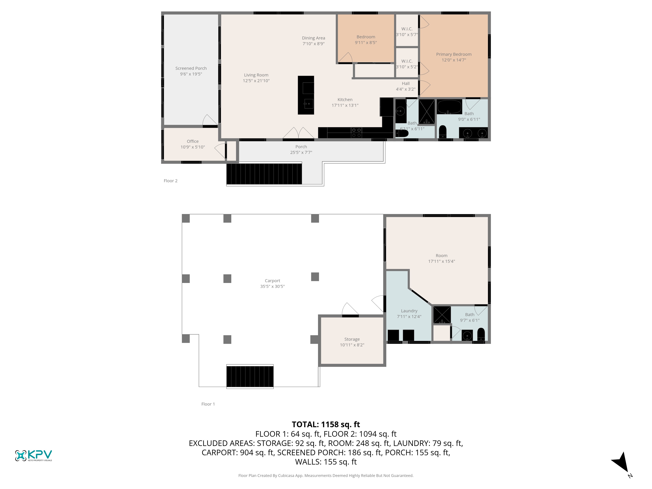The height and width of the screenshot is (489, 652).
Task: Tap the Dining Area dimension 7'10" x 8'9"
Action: click(313, 44)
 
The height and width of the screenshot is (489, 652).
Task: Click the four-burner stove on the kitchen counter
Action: click(356, 132)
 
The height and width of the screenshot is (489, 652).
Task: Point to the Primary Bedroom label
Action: click(454, 54)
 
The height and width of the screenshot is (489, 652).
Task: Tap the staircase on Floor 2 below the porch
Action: click(264, 174)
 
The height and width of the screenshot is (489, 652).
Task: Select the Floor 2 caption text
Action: click(170, 181)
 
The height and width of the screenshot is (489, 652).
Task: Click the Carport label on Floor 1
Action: click(272, 281)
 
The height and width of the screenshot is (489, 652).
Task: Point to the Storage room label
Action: click(352, 339)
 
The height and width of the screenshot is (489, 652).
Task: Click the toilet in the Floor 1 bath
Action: click(481, 334)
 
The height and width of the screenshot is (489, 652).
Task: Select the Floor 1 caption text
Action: click(208, 404)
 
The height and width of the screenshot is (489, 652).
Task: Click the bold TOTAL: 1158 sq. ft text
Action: click(326, 424)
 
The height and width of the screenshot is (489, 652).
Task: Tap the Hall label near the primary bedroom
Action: click(406, 83)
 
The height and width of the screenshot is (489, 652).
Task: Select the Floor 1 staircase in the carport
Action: click(250, 376)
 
